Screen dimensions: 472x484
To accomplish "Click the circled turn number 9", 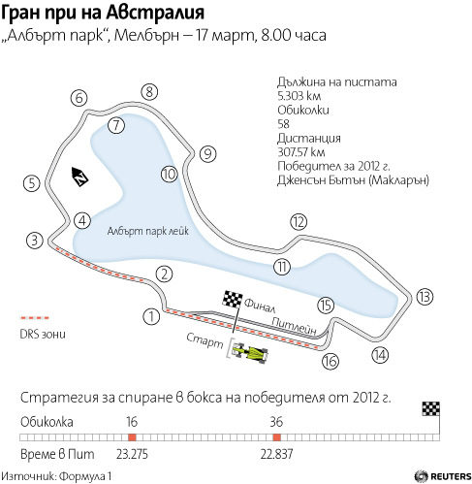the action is click(x=207, y=153).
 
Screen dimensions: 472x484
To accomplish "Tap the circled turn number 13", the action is click(x=425, y=297).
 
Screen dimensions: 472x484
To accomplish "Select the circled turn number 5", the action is click(x=32, y=183).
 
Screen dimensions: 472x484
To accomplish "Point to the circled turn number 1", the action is click(x=151, y=316).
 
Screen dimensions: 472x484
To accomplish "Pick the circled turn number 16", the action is click(x=330, y=361).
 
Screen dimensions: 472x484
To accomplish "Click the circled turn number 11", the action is click(x=282, y=267).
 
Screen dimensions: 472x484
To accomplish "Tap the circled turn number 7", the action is click(x=116, y=125).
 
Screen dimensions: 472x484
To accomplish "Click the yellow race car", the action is click(x=250, y=352).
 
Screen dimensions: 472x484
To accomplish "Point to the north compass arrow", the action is click(x=79, y=177).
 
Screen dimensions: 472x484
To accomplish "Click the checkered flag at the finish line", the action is click(x=233, y=299).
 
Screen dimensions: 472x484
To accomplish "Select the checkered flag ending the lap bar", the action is click(x=431, y=408).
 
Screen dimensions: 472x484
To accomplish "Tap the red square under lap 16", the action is click(x=132, y=437).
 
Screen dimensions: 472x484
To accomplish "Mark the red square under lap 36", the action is click(x=276, y=437).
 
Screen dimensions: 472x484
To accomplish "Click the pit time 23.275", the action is click(x=132, y=454).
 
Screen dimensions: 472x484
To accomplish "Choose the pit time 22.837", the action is click(x=276, y=454).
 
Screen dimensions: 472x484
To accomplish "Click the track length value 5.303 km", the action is click(x=299, y=96).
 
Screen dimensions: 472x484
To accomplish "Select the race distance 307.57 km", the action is click(x=301, y=152).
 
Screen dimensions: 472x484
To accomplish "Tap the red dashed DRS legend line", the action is click(x=35, y=318).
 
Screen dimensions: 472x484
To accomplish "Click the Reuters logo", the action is click(x=443, y=476).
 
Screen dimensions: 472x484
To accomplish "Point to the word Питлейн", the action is click(x=294, y=325).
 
